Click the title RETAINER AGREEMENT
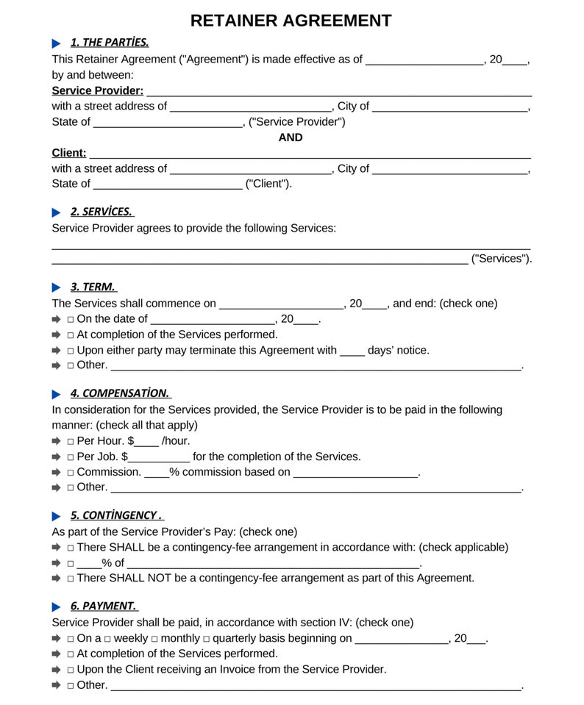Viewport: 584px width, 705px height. pyautogui.click(x=291, y=21)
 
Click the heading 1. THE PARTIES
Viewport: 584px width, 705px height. pyautogui.click(x=110, y=43)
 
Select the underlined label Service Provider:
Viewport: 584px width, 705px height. pyautogui.click(x=97, y=90)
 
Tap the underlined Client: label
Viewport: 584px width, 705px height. pyautogui.click(x=68, y=153)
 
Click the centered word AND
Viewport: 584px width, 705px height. pyautogui.click(x=291, y=137)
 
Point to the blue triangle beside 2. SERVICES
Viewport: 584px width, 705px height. pyautogui.click(x=57, y=212)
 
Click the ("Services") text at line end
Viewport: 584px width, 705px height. pyautogui.click(x=501, y=259)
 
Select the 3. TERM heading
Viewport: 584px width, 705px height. pyautogui.click(x=93, y=287)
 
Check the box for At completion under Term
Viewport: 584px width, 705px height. pyautogui.click(x=71, y=335)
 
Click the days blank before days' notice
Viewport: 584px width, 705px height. pyautogui.click(x=352, y=351)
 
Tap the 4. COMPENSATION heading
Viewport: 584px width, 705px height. pyautogui.click(x=120, y=393)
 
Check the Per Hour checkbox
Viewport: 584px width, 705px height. pyautogui.click(x=71, y=442)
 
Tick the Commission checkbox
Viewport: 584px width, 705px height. pyautogui.click(x=71, y=473)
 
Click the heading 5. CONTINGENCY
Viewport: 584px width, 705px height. pyautogui.click(x=116, y=515)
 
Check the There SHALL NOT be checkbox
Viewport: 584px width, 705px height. pyautogui.click(x=71, y=579)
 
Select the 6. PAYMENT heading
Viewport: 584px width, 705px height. pyautogui.click(x=103, y=606)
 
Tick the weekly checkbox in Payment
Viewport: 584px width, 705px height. pyautogui.click(x=107, y=639)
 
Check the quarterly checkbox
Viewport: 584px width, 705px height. pyautogui.click(x=207, y=639)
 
